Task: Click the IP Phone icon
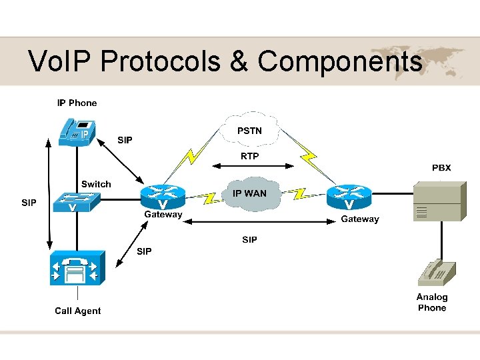click(75, 130)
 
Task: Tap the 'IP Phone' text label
click(77, 103)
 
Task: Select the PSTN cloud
click(250, 131)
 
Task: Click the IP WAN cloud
click(249, 194)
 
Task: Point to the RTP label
click(249, 156)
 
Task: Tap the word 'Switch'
click(96, 184)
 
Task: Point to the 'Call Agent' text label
click(78, 311)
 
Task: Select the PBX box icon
click(437, 201)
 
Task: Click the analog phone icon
click(436, 274)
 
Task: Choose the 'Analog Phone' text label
click(432, 303)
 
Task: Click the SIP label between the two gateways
click(249, 239)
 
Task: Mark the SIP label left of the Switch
click(29, 203)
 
